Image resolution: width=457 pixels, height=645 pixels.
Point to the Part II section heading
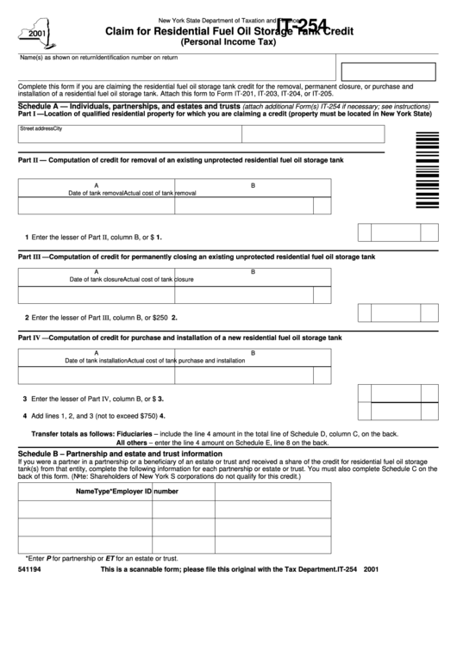click(x=180, y=159)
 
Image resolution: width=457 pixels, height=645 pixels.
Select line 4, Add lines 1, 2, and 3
click(x=91, y=415)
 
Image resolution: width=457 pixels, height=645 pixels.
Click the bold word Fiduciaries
click(x=133, y=433)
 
